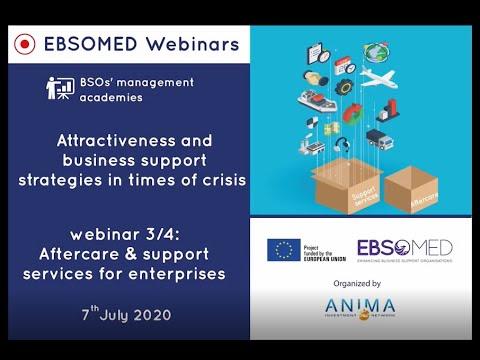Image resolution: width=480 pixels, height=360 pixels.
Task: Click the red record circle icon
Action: coord(25,44)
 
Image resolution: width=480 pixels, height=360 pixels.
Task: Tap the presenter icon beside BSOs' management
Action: coord(60,88)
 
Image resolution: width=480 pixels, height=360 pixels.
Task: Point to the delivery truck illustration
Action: coord(379,138)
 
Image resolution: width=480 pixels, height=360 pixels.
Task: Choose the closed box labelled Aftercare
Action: coord(413,190)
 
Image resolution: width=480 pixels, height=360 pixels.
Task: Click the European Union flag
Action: coord(284,250)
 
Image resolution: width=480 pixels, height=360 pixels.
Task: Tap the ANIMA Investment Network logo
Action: coord(358,308)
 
